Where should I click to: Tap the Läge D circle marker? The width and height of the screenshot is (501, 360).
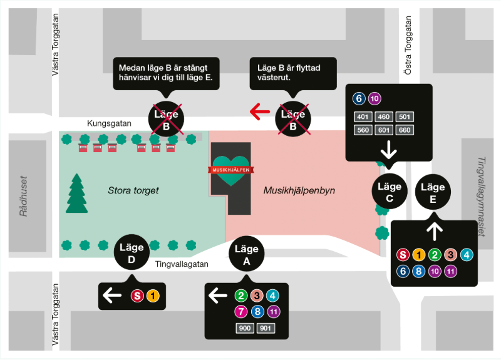point(132,254)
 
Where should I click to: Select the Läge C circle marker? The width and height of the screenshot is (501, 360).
point(389,192)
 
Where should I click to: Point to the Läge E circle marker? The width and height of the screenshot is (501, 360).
point(433,192)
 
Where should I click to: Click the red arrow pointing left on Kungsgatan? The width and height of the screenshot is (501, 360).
point(260,112)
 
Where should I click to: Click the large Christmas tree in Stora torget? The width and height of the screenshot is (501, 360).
point(76,193)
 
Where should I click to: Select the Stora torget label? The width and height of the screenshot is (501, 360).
point(133,190)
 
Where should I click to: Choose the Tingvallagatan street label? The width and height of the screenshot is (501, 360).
point(182,264)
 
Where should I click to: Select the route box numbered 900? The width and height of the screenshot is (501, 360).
point(245,328)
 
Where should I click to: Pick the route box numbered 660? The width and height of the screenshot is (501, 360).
point(404,130)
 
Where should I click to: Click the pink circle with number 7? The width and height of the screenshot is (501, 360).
point(240,311)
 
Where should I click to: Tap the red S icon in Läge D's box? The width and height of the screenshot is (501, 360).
point(137,296)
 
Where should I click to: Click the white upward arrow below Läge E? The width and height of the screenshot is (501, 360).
point(433,232)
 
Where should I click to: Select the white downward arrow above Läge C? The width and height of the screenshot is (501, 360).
point(389,150)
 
